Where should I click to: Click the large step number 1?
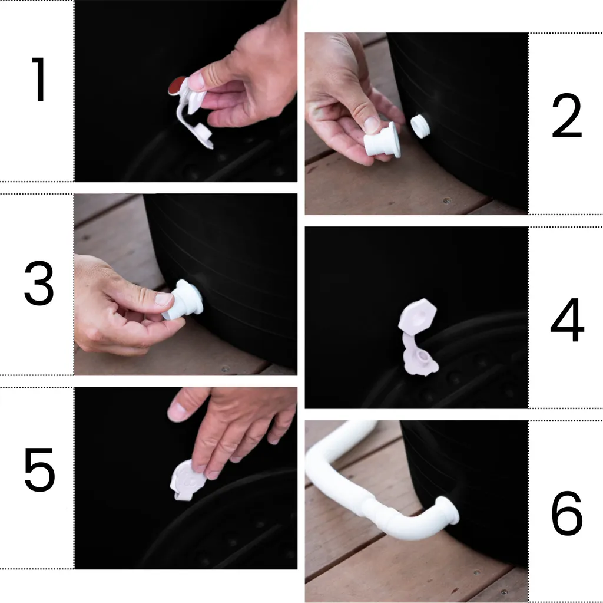tap(39, 80)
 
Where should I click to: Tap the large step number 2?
tap(567, 116)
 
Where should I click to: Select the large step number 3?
tap(39, 283)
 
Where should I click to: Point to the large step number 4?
tap(567, 319)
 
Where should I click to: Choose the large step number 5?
tap(39, 469)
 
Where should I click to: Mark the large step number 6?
tap(567, 513)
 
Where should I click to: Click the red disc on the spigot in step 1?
tap(177, 85)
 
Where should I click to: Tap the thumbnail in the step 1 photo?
tap(196, 81)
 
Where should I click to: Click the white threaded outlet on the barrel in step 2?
tap(420, 126)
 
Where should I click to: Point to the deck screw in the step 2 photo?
tap(447, 200)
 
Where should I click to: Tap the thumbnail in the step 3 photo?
tap(164, 299)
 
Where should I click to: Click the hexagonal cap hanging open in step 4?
tap(418, 314)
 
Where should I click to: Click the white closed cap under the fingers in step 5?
tap(187, 479)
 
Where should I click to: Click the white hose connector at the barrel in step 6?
tap(449, 510)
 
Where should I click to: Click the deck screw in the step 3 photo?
tap(226, 369)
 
